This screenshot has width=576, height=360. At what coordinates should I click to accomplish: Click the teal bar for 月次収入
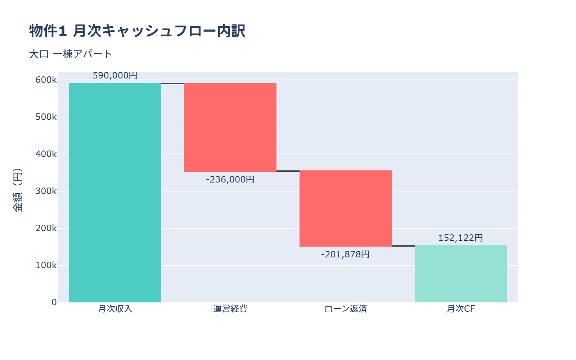(115, 193)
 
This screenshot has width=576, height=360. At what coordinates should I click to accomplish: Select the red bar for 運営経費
(230, 127)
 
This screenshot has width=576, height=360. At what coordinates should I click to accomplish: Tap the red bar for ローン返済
(346, 208)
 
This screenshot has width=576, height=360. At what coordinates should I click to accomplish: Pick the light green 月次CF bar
(461, 274)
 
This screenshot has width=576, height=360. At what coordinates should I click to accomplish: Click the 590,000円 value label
(115, 76)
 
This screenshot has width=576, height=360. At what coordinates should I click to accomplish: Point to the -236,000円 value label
(230, 179)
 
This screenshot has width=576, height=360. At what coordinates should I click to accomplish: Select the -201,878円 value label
(346, 255)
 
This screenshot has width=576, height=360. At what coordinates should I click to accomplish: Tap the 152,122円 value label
(461, 238)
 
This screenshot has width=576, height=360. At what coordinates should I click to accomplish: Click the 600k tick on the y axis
(46, 80)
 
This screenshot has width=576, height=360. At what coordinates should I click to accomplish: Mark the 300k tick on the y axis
(46, 191)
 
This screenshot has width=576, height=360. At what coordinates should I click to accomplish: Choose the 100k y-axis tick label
(46, 265)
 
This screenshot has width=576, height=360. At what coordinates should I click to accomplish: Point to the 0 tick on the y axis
(54, 302)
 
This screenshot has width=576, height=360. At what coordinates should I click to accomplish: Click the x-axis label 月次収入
(115, 309)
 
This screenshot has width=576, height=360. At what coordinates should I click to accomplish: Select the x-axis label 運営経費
(230, 309)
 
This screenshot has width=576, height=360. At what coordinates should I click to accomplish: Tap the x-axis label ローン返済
(346, 309)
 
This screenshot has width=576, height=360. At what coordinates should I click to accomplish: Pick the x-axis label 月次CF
(461, 309)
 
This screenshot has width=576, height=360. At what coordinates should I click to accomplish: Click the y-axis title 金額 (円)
(17, 190)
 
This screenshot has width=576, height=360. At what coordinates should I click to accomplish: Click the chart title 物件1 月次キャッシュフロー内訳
(137, 31)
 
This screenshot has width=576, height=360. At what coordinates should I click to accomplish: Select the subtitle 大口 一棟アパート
(71, 54)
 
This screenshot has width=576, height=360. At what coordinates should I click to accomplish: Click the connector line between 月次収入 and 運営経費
(173, 84)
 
